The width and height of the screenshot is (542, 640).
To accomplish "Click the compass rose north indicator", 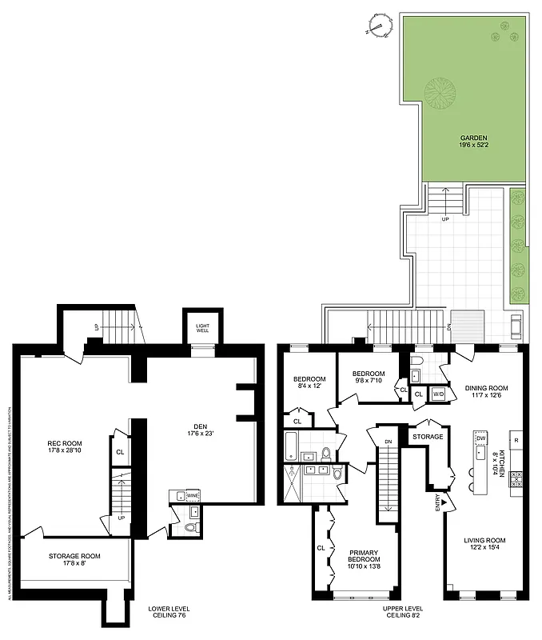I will (381, 26).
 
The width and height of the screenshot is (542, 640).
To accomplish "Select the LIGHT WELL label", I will (198, 329).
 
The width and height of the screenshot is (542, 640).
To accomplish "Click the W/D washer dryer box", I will (438, 394).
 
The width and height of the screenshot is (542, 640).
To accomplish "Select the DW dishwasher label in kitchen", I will (481, 438).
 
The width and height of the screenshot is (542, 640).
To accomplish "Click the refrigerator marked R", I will (517, 441).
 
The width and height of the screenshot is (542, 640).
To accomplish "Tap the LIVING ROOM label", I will (484, 545).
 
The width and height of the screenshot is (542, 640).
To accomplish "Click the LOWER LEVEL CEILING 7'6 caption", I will (169, 613).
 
